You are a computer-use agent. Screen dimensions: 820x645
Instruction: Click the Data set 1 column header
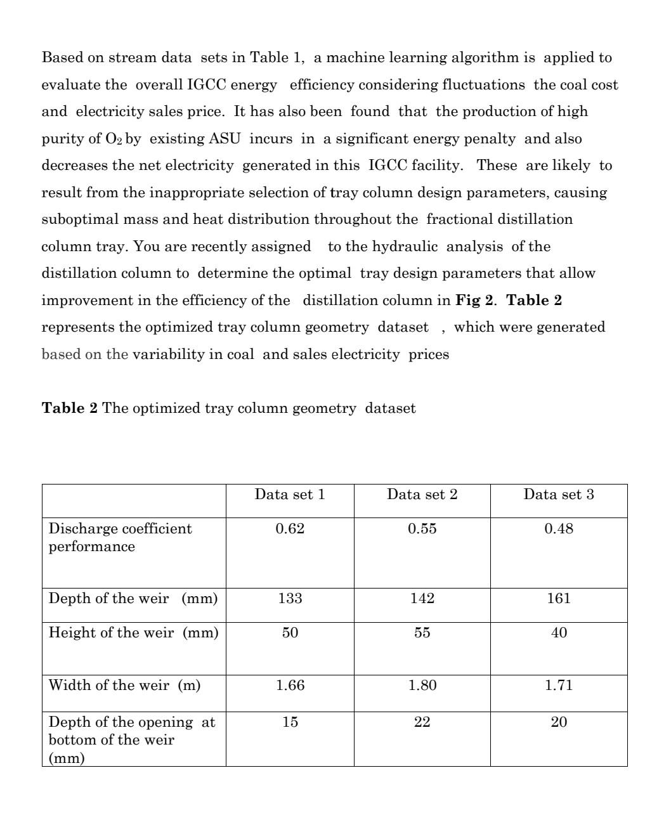[x=290, y=495]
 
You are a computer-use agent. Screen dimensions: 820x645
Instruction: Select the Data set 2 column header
[x=422, y=495]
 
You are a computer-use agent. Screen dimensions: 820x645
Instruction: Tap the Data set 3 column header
[x=558, y=495]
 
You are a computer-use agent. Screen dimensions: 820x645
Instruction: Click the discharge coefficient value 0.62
[x=290, y=529]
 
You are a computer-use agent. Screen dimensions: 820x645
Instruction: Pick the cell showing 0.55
[x=422, y=529]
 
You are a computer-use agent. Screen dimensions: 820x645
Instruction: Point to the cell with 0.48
[x=558, y=529]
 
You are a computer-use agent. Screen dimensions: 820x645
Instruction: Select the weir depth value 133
[x=290, y=599]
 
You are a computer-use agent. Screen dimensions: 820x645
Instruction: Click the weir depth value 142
[x=422, y=599]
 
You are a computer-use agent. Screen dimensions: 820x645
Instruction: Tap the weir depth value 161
[x=558, y=599]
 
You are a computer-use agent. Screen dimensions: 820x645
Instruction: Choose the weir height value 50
[x=290, y=633]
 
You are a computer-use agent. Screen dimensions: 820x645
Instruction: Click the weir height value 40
[x=558, y=633]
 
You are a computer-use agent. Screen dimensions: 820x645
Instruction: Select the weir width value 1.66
[x=290, y=686]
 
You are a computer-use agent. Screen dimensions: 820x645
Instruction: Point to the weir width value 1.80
[x=422, y=686]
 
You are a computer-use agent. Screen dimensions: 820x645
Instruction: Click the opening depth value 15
[x=290, y=722]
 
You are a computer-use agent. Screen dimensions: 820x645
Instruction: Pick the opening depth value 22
[x=422, y=722]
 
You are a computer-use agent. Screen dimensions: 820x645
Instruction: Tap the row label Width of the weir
[x=124, y=686]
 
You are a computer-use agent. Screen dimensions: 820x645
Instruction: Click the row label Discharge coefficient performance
[x=120, y=537]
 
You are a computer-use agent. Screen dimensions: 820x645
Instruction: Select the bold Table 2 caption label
[x=70, y=408]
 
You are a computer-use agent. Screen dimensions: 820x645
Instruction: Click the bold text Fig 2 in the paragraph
[x=474, y=301]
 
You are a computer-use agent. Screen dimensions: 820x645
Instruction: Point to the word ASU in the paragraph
[x=225, y=139]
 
